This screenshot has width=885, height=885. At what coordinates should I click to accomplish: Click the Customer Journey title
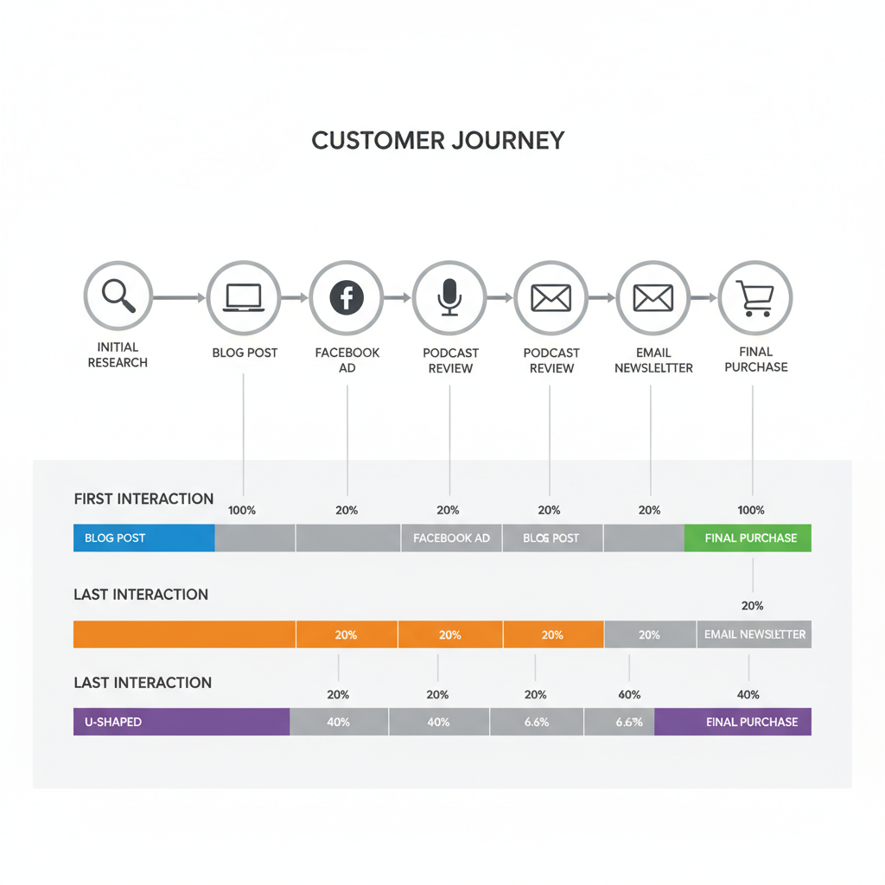click(437, 140)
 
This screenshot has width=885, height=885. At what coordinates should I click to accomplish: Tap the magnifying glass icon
click(118, 296)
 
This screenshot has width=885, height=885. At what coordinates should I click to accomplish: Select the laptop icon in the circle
click(244, 297)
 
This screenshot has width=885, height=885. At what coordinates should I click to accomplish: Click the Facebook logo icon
click(347, 298)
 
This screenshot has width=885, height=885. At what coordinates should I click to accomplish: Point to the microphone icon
click(449, 298)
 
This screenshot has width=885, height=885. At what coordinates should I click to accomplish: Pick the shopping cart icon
click(754, 297)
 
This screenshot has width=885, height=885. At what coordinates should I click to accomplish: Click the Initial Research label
click(118, 354)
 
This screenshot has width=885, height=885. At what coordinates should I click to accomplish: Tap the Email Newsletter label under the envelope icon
click(653, 360)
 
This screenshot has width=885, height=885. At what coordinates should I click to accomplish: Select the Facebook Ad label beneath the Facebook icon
click(347, 360)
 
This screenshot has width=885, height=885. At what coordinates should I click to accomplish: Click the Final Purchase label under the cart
click(755, 359)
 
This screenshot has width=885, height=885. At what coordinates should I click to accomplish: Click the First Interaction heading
click(143, 499)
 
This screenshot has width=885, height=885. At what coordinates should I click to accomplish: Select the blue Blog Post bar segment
click(143, 538)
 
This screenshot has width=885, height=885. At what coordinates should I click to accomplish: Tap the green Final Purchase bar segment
click(748, 538)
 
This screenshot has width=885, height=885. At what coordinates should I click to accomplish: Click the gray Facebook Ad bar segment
click(451, 538)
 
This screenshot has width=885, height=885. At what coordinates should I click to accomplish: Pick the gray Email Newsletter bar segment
click(754, 634)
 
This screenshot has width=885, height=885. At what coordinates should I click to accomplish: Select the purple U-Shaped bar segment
click(181, 722)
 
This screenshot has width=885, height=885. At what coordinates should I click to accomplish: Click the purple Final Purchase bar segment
click(733, 722)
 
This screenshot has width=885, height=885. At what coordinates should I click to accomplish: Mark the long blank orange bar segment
click(184, 634)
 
